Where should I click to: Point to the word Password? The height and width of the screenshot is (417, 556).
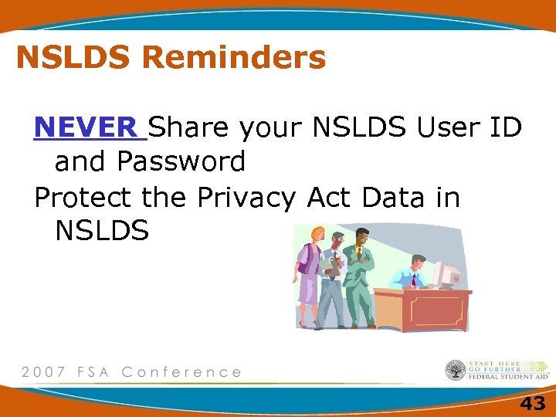click(x=181, y=161)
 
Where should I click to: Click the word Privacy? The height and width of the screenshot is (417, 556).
click(x=246, y=198)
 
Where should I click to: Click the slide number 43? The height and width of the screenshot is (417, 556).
click(x=532, y=402)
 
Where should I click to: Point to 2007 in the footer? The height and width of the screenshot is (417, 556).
click(x=43, y=372)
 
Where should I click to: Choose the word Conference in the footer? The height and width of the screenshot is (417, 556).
click(x=181, y=372)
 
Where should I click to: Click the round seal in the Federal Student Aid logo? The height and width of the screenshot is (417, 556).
click(x=456, y=371)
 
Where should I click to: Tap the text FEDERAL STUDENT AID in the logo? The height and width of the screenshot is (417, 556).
click(x=508, y=376)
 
